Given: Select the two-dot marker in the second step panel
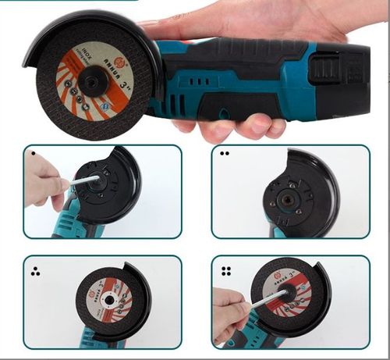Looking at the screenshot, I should click(225, 154).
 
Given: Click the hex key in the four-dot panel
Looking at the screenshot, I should click(270, 301).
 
